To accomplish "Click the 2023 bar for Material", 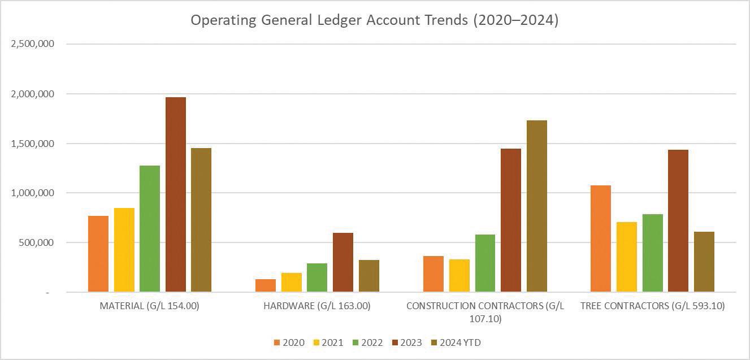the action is [176, 194].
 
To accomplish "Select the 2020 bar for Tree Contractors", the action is [601, 238].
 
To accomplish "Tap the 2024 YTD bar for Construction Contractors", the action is [537, 206].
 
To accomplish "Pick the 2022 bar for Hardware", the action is [317, 277].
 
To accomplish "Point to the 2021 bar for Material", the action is [124, 250].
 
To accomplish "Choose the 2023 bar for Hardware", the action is [343, 262].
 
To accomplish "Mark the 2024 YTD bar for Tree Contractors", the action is [704, 262].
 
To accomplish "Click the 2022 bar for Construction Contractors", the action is [485, 263].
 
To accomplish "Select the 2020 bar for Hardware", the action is [266, 285].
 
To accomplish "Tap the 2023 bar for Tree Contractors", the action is [678, 220].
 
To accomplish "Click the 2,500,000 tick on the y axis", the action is [32, 44].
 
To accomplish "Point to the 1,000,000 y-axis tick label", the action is [32, 193].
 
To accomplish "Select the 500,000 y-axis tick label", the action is [36, 242].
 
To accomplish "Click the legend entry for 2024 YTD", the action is [456, 342].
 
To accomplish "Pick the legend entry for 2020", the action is [289, 342].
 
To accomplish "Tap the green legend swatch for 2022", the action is [356, 342].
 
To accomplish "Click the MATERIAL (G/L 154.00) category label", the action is [149, 306].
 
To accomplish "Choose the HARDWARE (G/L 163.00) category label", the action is [317, 306].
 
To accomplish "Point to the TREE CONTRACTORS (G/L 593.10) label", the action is [653, 306].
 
